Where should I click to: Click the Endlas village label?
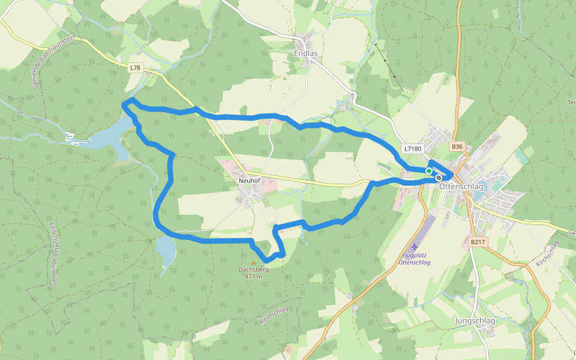[305, 53]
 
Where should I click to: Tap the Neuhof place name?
[248, 180]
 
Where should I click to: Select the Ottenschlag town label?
[461, 186]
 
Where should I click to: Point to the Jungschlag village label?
[475, 321]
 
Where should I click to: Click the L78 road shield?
[135, 68]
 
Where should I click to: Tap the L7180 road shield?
[413, 148]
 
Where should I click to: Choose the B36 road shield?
[457, 146]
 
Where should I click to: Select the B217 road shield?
[478, 242]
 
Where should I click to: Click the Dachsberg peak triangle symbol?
[253, 262]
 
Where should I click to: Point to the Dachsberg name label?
[253, 269]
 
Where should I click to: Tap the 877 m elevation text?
[253, 277]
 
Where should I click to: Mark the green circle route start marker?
[429, 171]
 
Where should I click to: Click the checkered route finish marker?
[440, 178]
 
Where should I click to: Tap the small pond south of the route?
[165, 248]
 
